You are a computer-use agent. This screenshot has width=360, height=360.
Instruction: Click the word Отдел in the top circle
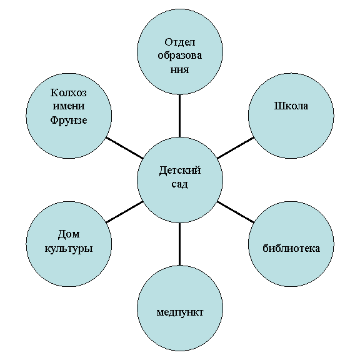pyautogui.click(x=180, y=42)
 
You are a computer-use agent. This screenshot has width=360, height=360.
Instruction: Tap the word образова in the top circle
pyautogui.click(x=180, y=56)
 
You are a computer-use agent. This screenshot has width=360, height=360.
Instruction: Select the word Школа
pyautogui.click(x=291, y=106)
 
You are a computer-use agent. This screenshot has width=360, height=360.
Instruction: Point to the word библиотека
pyautogui.click(x=291, y=248)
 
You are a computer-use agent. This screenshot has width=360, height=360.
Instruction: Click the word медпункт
pyautogui.click(x=180, y=312)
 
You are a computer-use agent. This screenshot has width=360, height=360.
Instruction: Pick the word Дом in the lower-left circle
pyautogui.click(x=69, y=234)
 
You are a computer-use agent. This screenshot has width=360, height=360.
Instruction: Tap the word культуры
pyautogui.click(x=69, y=249)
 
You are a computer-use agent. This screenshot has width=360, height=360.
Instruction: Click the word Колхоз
pyautogui.click(x=69, y=92)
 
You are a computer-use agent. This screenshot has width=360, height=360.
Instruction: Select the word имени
pyautogui.click(x=69, y=106)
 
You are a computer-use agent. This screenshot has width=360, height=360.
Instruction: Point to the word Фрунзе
pyautogui.click(x=69, y=120)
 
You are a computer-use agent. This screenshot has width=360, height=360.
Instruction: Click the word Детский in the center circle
pyautogui.click(x=180, y=171)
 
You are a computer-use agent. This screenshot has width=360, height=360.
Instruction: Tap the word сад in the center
pyautogui.click(x=180, y=184)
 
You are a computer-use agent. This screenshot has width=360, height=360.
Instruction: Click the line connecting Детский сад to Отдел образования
pyautogui.click(x=179, y=116)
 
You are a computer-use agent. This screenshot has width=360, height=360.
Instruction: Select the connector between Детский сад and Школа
pyautogui.click(x=236, y=148)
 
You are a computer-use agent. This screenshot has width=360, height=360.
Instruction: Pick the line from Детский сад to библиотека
pyautogui.click(x=236, y=212)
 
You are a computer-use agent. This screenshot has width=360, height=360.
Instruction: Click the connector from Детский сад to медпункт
pyautogui.click(x=179, y=244)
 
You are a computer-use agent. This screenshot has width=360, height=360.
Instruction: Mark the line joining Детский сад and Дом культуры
pyautogui.click(x=124, y=212)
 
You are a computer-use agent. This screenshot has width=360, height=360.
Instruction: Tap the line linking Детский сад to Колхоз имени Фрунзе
pyautogui.click(x=124, y=148)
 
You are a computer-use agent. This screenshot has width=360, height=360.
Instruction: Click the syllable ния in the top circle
pyautogui.click(x=180, y=69)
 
